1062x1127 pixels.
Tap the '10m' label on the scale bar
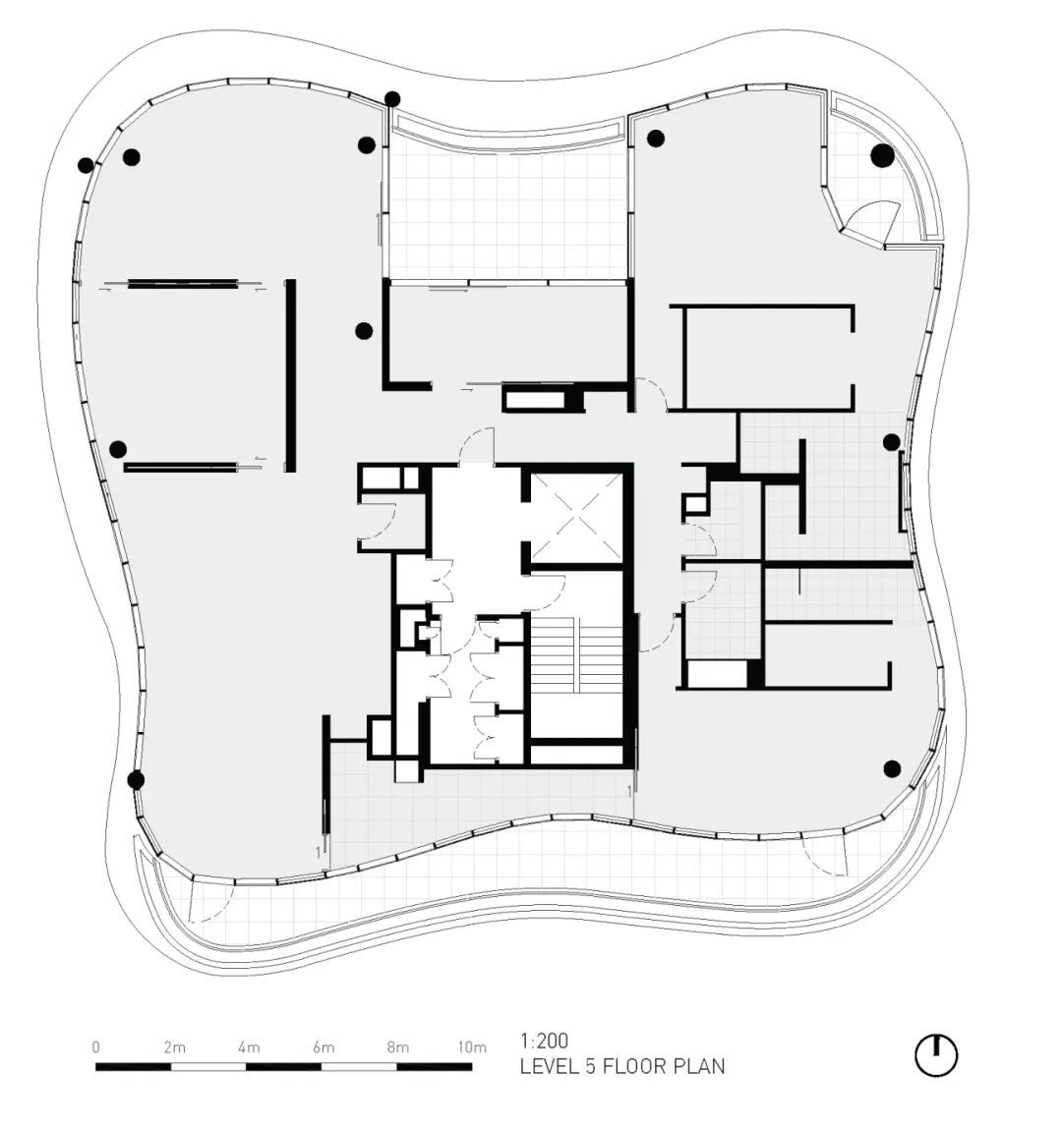coord(472,1047)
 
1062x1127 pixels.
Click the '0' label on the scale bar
coord(95,1047)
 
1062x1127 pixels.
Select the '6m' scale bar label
coord(324,1047)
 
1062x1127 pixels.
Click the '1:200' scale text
coord(545,1040)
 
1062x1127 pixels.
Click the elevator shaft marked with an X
coord(576,518)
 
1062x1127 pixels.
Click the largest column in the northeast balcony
coord(883,155)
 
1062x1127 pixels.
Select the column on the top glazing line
coord(392,98)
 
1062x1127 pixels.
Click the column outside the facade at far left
coord(86,166)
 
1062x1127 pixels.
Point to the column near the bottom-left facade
coord(136,780)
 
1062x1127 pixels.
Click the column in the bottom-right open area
coord(892,769)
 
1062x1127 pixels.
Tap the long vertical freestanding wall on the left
coord(291,375)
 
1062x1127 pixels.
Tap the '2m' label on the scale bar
coord(174,1047)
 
